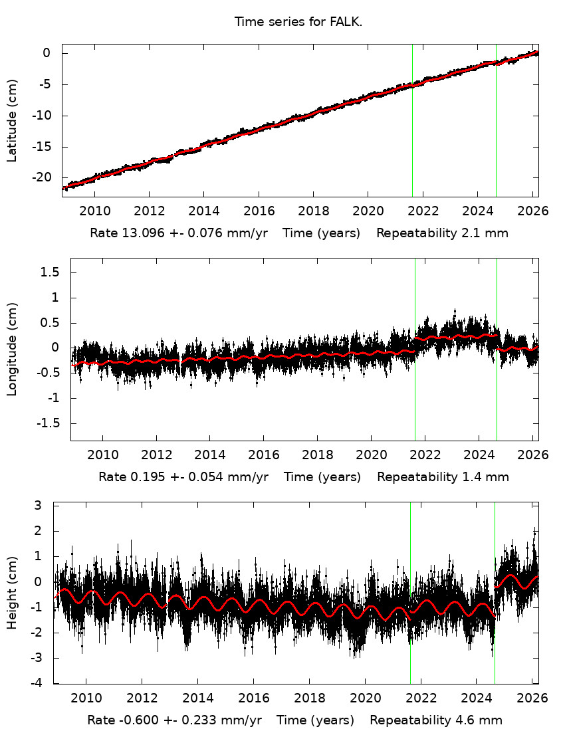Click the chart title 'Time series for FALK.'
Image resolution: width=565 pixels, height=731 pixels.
tap(298, 22)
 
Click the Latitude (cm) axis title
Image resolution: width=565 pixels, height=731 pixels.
tap(12, 121)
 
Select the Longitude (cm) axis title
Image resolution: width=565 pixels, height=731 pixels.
tap(12, 349)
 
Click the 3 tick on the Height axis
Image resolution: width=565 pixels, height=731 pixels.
tap(47, 506)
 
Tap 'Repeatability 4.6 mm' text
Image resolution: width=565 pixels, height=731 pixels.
tap(436, 720)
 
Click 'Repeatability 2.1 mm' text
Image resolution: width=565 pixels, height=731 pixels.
tap(443, 233)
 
